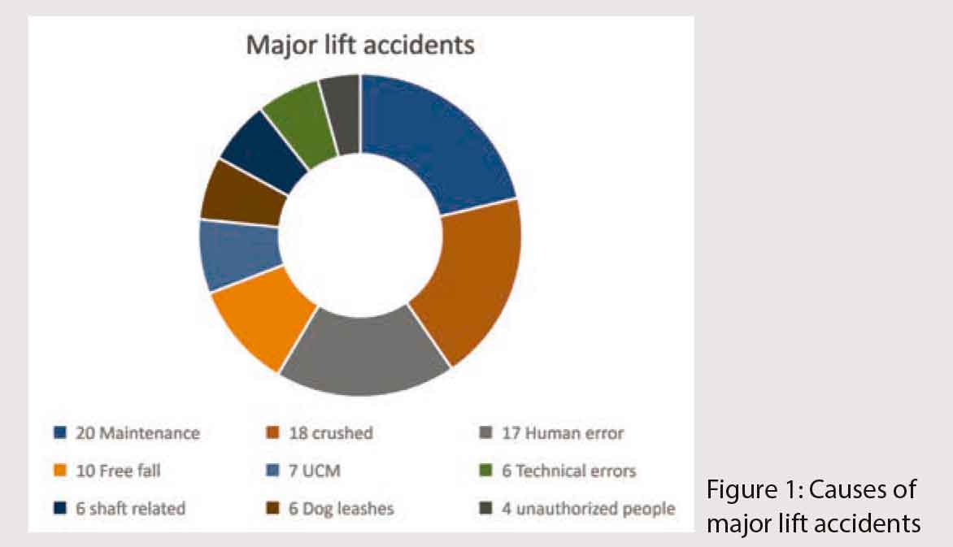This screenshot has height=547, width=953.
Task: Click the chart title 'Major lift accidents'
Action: point(359,46)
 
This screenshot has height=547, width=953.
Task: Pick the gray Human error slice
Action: point(364,353)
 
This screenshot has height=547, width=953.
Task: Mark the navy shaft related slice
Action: point(263,152)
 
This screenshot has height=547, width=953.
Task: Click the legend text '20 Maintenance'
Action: point(138,433)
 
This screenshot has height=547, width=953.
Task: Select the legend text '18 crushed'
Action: point(331,433)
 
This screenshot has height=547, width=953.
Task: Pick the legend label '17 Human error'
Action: point(563,433)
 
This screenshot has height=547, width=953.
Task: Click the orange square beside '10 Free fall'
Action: point(59,471)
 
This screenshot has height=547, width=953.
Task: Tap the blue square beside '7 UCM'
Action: point(273,471)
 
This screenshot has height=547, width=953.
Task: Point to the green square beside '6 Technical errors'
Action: point(485,471)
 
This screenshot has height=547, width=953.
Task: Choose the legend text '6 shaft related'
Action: point(131,508)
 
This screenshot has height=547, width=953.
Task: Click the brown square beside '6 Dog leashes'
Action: point(273,508)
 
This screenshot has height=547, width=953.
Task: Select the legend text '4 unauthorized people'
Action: point(589,509)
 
